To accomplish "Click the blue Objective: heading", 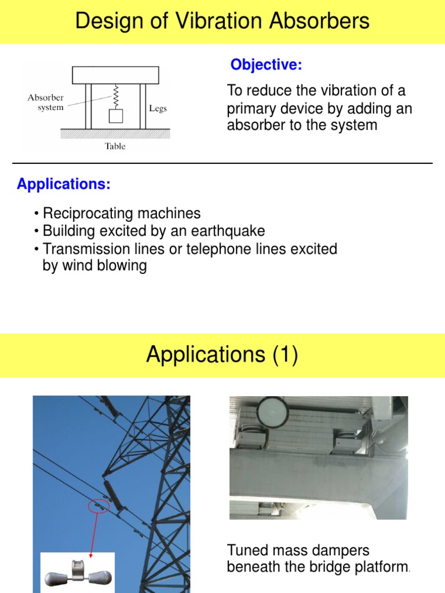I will [x=266, y=65].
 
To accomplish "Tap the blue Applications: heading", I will [x=64, y=185].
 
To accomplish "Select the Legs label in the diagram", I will [x=158, y=109].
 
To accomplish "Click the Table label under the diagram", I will [x=115, y=147].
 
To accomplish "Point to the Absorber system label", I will [x=46, y=103].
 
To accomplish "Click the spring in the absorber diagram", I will [x=115, y=95].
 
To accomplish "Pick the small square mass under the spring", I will [x=116, y=115].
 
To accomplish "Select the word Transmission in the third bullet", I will [x=85, y=249].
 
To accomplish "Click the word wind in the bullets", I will [x=76, y=266].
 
